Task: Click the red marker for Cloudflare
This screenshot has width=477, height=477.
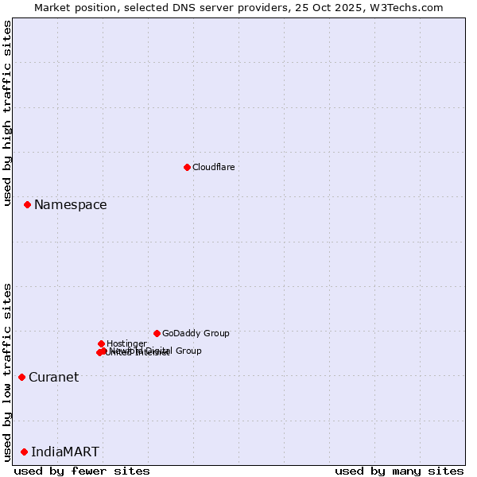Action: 187,167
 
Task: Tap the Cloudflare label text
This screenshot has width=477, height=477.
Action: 213,167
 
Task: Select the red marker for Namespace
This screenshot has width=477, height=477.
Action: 27,204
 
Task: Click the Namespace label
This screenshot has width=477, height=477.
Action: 70,205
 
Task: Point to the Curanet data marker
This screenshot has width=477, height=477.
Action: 21,377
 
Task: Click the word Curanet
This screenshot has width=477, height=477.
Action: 53,378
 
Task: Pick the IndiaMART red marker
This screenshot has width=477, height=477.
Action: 24,452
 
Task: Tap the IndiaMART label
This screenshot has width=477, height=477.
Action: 65,452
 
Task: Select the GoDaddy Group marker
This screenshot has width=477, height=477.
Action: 157,333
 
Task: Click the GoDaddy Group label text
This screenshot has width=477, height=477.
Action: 195,334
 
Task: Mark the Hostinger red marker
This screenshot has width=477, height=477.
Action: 101,343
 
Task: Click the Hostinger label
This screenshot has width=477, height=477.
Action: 126,343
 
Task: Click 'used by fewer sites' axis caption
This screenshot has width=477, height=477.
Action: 82,471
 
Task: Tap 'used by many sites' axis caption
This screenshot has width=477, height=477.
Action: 398,471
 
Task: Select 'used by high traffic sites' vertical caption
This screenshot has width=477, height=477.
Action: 7,113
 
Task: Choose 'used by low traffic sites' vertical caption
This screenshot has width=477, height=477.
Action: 7,371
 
